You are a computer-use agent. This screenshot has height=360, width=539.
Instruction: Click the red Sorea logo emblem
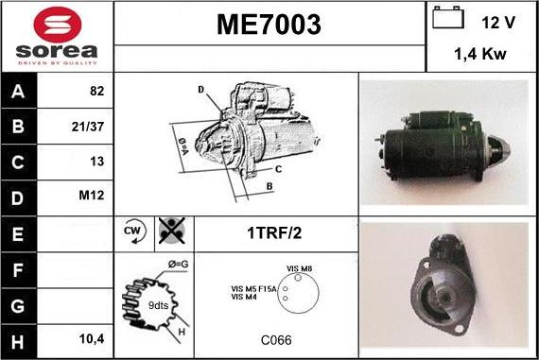pos(58,25)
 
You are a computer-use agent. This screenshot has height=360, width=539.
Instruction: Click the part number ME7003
pos(269,25)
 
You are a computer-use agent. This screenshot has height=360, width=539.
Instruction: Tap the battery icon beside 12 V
pos(448,17)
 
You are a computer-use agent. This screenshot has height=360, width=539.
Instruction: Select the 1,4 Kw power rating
pos(480,54)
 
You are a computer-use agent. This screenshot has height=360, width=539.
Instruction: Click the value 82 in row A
pos(96,91)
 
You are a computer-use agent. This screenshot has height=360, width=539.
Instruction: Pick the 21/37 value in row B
pos(88,127)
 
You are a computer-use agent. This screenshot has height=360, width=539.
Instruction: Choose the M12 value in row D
pos(91,196)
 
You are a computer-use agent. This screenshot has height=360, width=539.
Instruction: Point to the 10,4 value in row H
pos(92,339)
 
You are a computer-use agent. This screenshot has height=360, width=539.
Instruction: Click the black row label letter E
pos(18,234)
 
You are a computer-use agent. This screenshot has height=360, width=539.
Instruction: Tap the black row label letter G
pos(18,306)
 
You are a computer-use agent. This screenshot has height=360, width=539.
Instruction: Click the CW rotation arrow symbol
pos(134,231)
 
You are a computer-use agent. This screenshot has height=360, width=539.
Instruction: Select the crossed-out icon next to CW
pos(172,231)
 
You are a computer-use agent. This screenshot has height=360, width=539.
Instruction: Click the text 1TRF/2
pos(274,232)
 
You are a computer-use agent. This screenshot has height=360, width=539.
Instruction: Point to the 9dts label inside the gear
pos(158,305)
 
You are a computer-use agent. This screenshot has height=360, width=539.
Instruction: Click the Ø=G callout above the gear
pos(179,265)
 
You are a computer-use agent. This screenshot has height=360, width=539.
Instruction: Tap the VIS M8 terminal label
pos(300,268)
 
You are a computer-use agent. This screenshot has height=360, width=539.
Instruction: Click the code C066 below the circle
pos(276,340)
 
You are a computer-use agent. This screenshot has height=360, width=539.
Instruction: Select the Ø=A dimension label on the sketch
pos(183,146)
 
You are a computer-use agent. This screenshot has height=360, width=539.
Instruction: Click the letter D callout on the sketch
pos(201,90)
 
